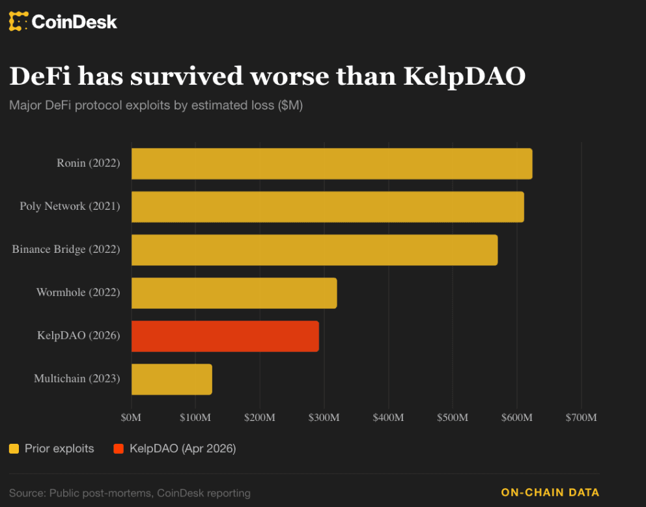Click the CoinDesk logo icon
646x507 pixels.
[x=19, y=22]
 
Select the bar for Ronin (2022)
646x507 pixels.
[x=331, y=164]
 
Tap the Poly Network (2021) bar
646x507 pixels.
[x=328, y=207]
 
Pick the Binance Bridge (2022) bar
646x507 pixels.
[x=315, y=250]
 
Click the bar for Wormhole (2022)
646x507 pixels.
[x=234, y=293]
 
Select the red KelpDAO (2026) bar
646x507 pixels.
[x=225, y=336]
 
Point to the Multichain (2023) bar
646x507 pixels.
[x=171, y=379]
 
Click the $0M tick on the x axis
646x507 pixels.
[x=132, y=417]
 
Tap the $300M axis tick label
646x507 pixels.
[x=324, y=417]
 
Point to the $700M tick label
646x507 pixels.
[x=580, y=417]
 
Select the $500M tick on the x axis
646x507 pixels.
[x=452, y=417]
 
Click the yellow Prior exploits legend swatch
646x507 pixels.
[x=14, y=448]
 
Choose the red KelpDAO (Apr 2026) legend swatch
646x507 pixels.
[x=119, y=448]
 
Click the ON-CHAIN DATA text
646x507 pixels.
[x=550, y=493]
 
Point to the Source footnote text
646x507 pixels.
[x=130, y=493]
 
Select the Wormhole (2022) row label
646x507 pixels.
[x=78, y=293]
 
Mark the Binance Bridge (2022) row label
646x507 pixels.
[x=66, y=250]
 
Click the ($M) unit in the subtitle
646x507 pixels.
[x=290, y=105]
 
